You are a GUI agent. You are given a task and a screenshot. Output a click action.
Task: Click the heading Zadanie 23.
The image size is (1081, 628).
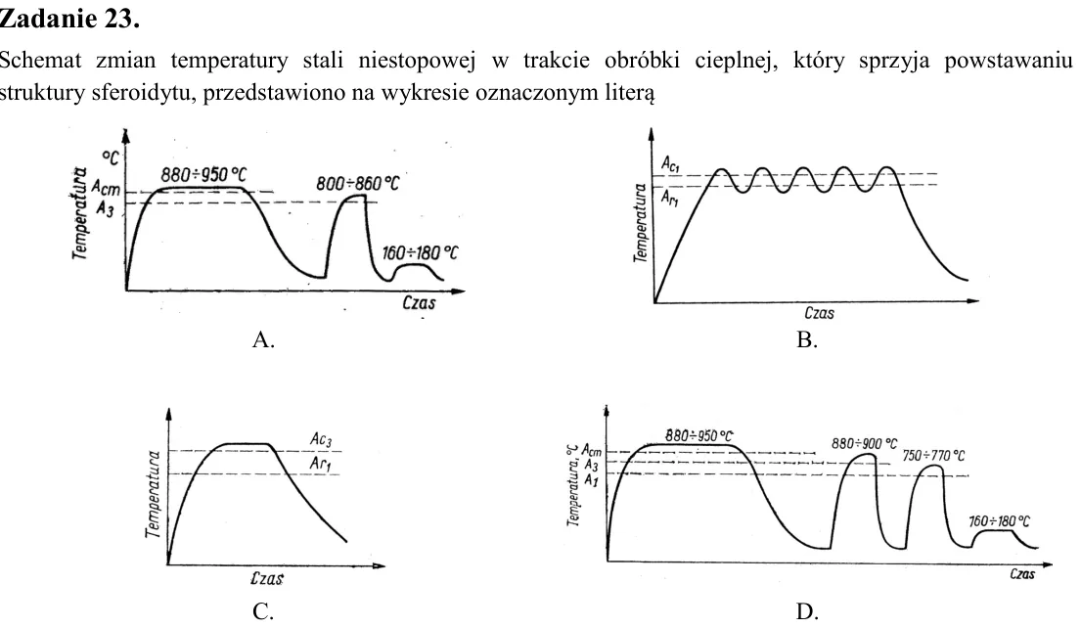68,18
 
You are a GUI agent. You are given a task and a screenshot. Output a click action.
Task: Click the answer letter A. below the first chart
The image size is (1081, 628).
263,339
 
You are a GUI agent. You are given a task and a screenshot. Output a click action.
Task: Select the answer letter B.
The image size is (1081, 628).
807,339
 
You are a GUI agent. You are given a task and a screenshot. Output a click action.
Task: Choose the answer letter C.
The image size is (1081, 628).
263,610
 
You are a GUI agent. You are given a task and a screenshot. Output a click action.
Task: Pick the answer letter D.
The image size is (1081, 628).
807,610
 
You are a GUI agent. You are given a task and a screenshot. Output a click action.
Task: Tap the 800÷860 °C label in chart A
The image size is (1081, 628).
358,184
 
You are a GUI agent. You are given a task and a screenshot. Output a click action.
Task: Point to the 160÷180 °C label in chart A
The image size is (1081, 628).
420,253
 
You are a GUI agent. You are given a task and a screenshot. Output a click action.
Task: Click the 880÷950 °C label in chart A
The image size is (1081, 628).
203,174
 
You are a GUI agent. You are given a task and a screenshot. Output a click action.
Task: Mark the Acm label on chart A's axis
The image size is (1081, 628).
106,188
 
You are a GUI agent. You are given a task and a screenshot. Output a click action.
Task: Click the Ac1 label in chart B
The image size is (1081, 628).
671,164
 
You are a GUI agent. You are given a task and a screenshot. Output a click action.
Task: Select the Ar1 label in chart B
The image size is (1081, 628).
669,199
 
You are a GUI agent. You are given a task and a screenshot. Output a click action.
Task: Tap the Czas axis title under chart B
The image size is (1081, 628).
819,314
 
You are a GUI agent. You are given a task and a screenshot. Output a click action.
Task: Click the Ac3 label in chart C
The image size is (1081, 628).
321,439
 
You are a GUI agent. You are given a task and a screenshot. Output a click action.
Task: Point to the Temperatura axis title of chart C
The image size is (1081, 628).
153,494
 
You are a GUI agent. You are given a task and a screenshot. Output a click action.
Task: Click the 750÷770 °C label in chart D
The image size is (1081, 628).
933,456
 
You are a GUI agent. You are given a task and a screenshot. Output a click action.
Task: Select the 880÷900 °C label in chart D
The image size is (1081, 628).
865,443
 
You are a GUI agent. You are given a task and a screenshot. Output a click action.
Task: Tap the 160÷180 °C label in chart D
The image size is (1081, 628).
999,521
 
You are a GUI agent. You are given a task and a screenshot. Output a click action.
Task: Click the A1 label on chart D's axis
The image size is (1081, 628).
591,479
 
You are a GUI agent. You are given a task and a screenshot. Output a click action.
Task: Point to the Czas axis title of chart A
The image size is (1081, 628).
419,302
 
